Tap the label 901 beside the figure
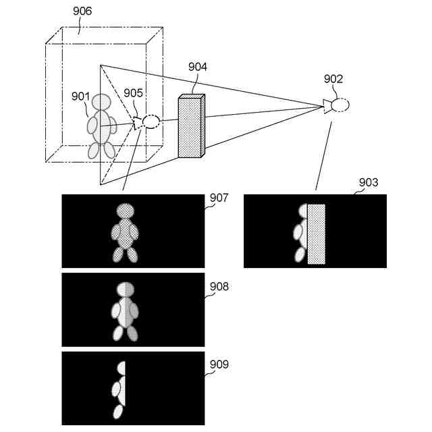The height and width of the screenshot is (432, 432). (x=80, y=96)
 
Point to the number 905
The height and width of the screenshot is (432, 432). (x=133, y=93)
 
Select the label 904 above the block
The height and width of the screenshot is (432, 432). (x=198, y=67)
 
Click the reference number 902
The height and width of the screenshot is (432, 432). (x=333, y=79)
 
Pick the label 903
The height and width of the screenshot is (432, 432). (x=369, y=183)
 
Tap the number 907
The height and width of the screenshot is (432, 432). (x=219, y=198)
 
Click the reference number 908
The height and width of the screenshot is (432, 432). (x=219, y=287)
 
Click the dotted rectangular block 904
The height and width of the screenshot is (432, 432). (x=190, y=128)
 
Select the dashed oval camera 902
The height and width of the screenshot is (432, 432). (x=340, y=105)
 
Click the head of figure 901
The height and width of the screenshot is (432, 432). (x=102, y=102)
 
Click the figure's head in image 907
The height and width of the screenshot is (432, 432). (x=126, y=211)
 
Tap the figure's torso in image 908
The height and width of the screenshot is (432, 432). (x=124, y=311)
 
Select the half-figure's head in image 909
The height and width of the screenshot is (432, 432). (x=122, y=369)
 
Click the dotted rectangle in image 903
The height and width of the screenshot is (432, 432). (x=316, y=234)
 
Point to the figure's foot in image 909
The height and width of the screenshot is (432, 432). (x=119, y=411)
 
